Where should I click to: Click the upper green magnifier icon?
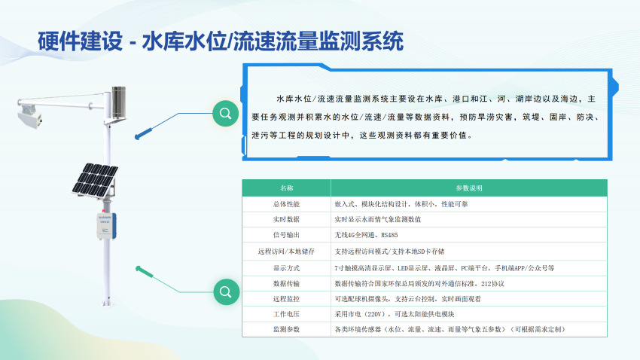point(225,114)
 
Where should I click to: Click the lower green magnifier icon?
point(226,291)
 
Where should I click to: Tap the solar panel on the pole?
point(96,181)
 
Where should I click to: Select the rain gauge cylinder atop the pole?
point(119,103)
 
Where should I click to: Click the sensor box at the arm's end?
point(29,116)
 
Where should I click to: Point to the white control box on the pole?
point(106,226)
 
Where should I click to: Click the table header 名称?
point(287,188)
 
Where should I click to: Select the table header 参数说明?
point(469,188)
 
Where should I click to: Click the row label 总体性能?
point(287,204)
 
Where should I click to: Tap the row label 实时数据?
point(287,220)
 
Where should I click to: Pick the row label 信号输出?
point(287,235)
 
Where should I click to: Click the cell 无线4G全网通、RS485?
point(366,235)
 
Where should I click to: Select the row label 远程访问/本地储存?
point(287,252)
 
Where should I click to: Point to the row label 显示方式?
point(287,268)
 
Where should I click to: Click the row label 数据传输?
point(287,284)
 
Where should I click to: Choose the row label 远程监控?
point(287,299)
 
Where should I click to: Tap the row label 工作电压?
point(287,314)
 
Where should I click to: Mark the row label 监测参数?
point(287,329)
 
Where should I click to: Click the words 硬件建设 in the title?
point(81,41)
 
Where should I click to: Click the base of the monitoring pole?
point(106,303)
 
